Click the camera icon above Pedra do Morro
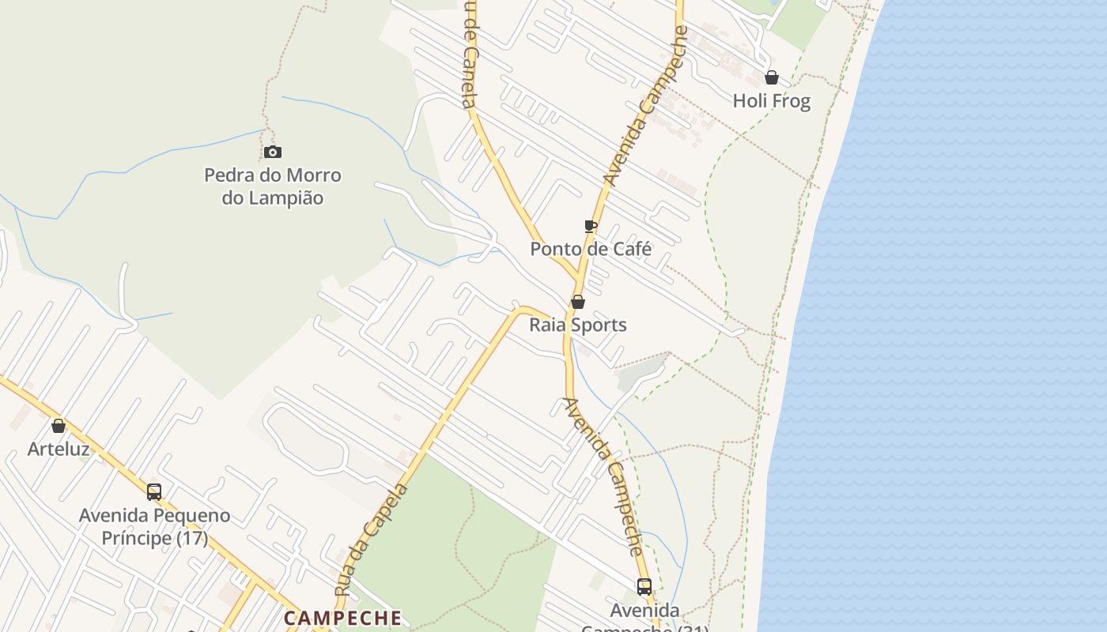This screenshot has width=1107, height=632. [273, 152]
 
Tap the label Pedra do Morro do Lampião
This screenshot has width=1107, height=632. [273, 186]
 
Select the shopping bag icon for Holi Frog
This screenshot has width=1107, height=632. [772, 77]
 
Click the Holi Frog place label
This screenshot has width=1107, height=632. [772, 101]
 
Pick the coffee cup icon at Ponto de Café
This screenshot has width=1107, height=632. [590, 226]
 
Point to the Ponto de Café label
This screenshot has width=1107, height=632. [591, 249]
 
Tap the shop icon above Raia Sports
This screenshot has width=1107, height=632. [578, 302]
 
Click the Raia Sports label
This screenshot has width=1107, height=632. [578, 325]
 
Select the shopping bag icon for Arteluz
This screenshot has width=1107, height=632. [59, 426]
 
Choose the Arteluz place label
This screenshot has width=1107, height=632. [59, 449]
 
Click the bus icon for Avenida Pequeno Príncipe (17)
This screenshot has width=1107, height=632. [154, 491]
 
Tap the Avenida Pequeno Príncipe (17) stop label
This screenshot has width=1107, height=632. [154, 527]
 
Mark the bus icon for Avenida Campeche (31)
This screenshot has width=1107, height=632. [644, 587]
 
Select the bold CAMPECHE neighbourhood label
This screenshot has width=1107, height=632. [343, 618]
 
